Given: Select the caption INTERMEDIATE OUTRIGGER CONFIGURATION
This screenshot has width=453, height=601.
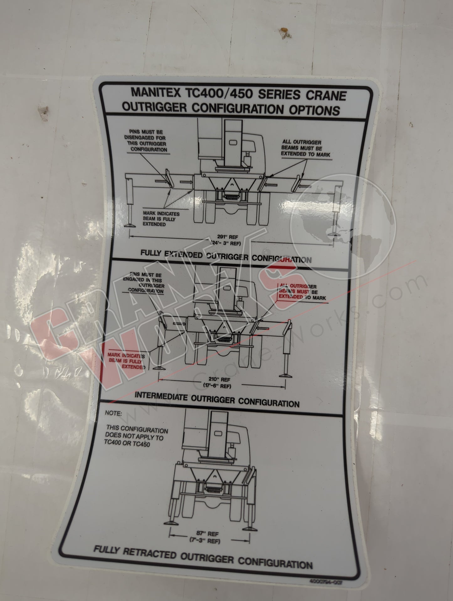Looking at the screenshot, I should point(217,400).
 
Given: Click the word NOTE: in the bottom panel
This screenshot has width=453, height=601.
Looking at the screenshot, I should point(113,413).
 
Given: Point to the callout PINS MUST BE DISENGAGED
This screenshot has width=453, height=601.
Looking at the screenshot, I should point(147,141).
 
